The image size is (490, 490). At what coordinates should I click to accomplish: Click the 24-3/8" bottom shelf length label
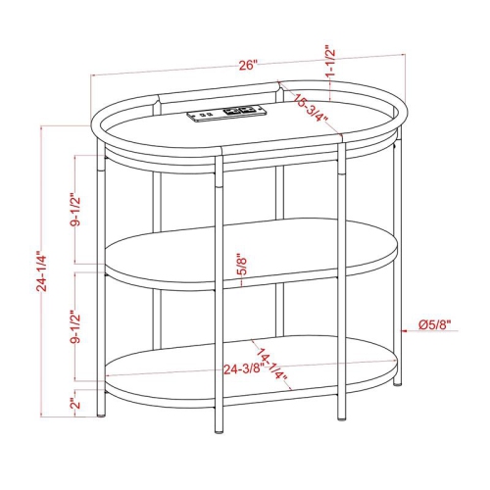[x=242, y=369]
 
